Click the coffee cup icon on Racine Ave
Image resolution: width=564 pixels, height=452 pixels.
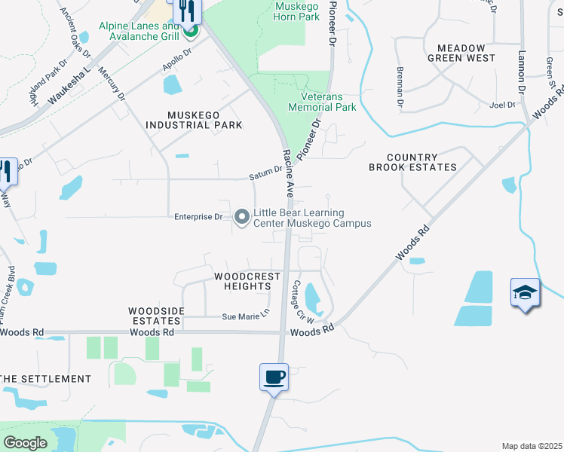(274, 376)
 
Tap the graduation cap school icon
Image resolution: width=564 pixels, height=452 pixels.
(525, 292)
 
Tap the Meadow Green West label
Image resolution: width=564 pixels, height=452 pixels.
(461, 52)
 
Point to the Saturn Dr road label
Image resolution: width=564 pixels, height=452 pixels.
(265, 177)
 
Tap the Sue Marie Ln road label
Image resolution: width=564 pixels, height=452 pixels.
(245, 316)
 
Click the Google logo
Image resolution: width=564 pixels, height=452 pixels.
(25, 443)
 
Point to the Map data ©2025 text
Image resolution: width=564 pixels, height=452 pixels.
(531, 446)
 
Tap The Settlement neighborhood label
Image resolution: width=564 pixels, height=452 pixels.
(45, 378)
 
